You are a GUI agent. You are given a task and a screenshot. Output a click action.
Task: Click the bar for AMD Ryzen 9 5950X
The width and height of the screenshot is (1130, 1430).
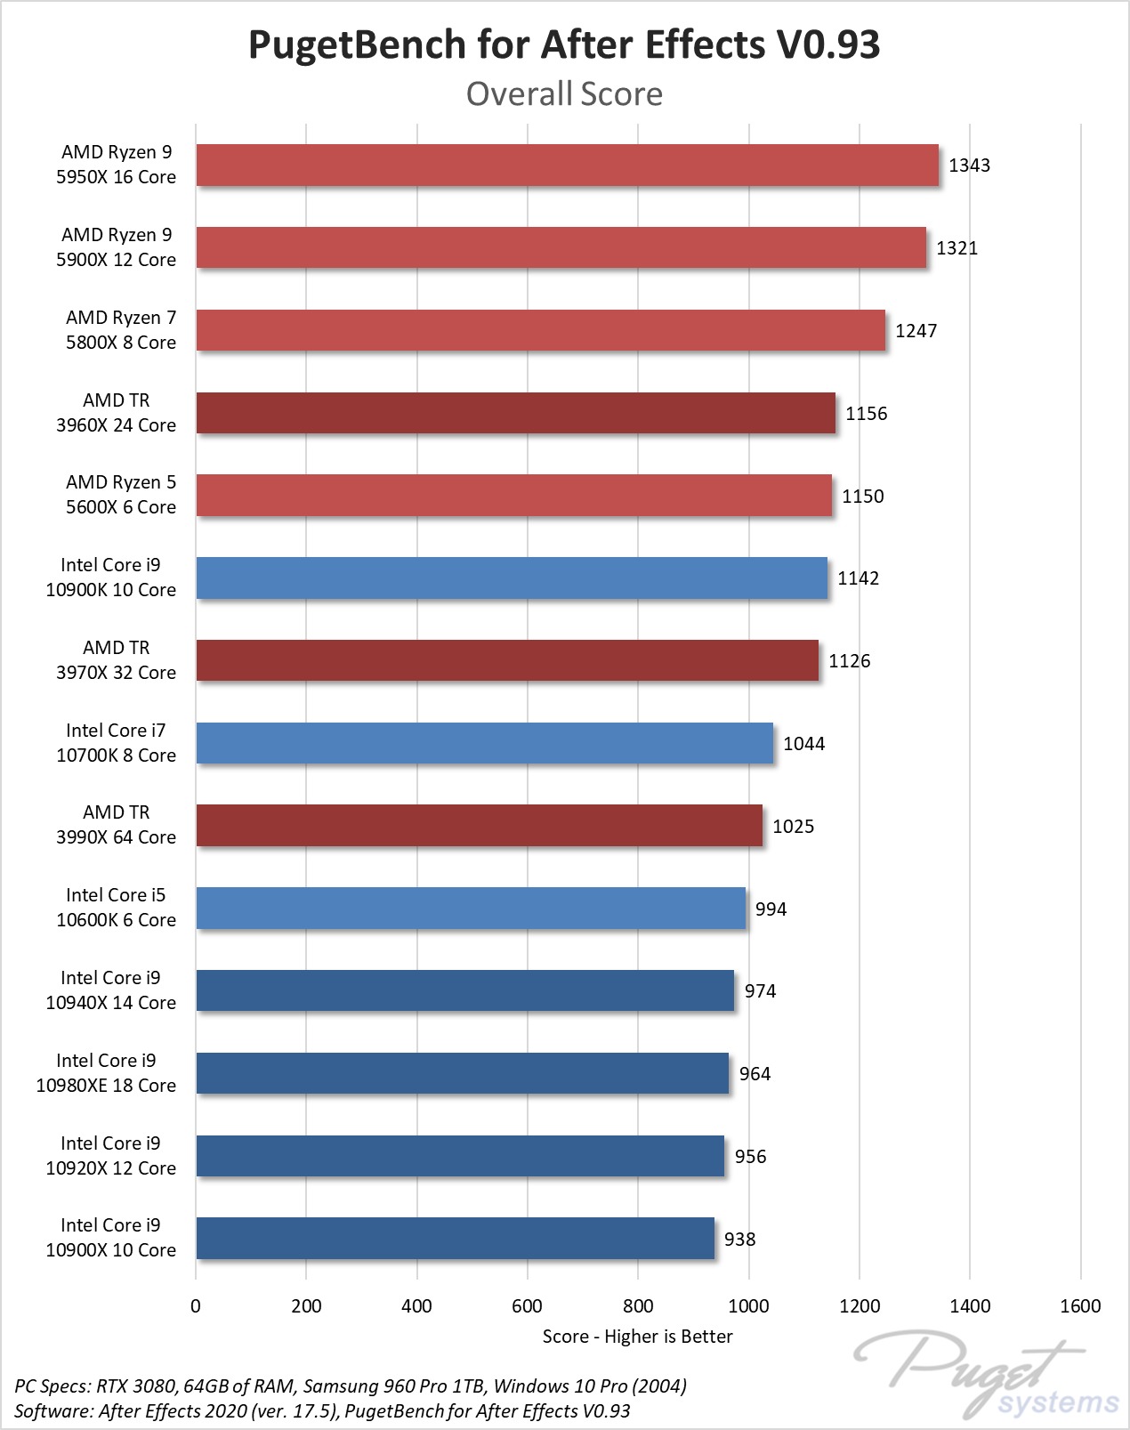coord(567,166)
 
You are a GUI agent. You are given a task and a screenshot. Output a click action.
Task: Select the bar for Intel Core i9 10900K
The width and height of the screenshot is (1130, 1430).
coord(512,578)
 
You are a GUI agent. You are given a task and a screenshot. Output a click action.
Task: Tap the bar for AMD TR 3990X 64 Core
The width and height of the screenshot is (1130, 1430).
coord(479,826)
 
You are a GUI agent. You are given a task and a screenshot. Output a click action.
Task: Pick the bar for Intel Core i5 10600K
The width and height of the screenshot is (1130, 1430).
coord(471,909)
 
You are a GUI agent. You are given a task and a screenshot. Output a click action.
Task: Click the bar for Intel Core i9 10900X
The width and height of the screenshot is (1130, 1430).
coord(455,1239)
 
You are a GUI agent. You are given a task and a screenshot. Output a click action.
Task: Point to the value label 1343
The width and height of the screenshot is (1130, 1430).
coord(969,166)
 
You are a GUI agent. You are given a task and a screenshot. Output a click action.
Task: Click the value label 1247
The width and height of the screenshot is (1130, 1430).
coord(916,331)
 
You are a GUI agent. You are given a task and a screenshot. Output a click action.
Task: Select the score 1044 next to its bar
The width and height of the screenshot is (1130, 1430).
coord(803,744)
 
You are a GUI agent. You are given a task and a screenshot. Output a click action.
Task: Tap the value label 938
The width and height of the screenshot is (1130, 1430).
coord(739,1240)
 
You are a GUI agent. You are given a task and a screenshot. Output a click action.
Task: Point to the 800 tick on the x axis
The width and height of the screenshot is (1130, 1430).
coord(638,1306)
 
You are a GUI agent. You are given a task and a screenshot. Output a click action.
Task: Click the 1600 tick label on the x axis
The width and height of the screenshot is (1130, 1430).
coord(1080,1306)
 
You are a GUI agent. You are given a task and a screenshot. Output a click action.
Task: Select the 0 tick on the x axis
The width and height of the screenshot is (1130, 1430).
coord(196,1306)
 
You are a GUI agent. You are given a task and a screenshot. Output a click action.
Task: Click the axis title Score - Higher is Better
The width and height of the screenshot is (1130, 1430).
coord(637,1337)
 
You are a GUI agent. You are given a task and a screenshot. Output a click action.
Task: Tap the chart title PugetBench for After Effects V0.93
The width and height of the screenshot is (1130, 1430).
coord(564,44)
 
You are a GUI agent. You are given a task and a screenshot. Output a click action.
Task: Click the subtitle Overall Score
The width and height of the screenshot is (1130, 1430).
coord(564,94)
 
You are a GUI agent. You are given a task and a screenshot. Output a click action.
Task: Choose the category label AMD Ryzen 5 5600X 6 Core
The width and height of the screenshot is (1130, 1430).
coord(120,495)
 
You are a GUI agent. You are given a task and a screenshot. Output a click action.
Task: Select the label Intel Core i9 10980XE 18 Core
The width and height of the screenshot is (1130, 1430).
coord(106,1073)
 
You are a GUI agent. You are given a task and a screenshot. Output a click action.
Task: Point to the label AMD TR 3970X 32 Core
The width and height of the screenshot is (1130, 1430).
coord(116,660)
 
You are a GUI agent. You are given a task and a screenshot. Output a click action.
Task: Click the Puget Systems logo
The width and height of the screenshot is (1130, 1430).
coord(988,1375)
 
